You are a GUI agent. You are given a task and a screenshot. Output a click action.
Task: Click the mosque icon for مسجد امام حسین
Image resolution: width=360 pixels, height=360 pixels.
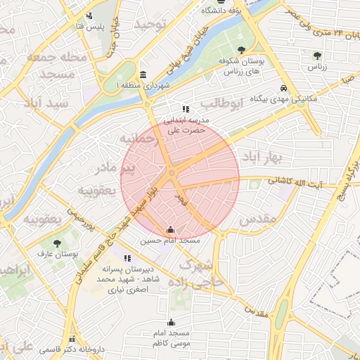click(x=170, y=229)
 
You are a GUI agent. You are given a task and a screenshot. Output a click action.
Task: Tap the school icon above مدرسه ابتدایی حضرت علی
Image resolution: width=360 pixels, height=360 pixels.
click(x=186, y=109)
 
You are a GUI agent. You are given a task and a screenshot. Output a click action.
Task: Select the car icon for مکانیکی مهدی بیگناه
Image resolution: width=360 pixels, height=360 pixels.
click(x=282, y=89)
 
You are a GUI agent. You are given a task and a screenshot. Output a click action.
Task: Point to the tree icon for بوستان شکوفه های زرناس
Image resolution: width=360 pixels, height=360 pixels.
click(x=241, y=50)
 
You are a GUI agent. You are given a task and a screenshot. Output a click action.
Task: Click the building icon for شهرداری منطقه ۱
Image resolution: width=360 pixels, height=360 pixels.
click(x=143, y=75)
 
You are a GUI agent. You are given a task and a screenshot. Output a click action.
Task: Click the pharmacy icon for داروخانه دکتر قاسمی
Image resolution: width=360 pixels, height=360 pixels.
click(x=71, y=339)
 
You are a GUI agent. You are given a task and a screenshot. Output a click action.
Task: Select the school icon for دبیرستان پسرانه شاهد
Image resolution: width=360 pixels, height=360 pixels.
click(x=127, y=258)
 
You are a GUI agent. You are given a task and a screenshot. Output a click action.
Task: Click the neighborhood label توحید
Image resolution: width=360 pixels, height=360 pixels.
click(x=153, y=25)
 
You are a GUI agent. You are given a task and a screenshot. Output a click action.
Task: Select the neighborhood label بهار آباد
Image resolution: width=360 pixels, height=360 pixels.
click(x=262, y=155)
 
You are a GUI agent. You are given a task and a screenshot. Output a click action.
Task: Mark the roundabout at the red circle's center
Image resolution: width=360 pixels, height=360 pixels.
click(x=172, y=173)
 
